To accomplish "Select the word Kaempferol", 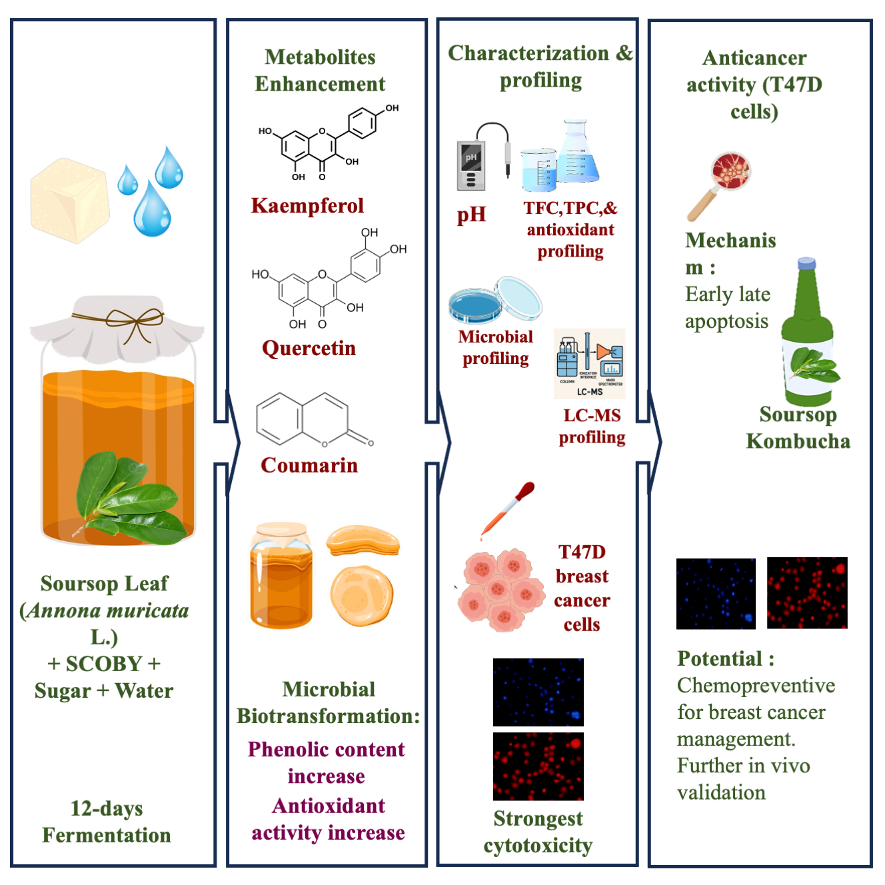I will pos(307,205).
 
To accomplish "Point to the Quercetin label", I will pos(309,348).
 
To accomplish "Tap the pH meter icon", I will pos(472,164).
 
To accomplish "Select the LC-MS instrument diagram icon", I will pos(590,363).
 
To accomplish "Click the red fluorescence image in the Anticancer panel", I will pos(807,592).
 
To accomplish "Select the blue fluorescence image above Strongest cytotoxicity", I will pos(538,692).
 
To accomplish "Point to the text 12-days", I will pos(107,808).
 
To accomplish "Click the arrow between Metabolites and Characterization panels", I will pos(442,442).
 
